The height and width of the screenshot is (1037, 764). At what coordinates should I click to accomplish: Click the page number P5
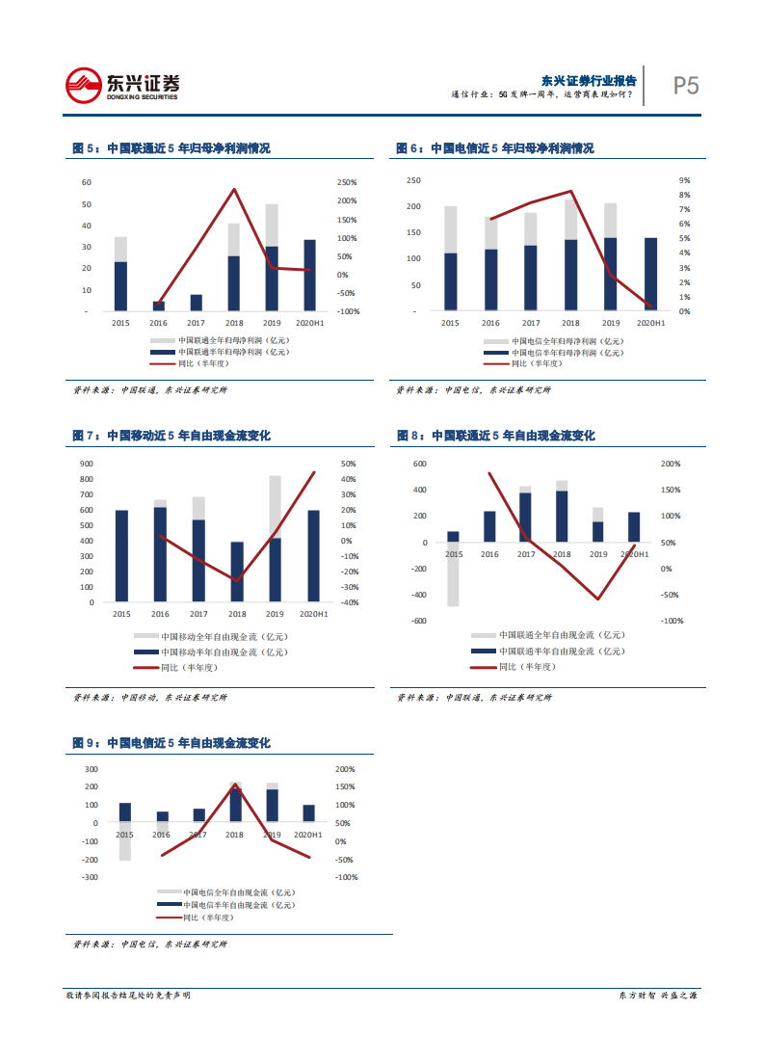click(685, 86)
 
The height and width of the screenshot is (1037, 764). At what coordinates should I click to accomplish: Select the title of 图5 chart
click(171, 148)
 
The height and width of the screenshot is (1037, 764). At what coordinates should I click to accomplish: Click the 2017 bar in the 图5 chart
click(196, 303)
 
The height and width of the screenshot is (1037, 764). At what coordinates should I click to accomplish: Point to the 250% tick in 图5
click(347, 182)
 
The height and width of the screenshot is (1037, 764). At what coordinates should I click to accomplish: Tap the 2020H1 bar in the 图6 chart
click(650, 274)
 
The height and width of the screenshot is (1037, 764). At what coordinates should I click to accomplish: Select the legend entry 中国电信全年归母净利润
click(553, 341)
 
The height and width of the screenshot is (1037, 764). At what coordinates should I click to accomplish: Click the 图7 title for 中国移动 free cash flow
click(171, 436)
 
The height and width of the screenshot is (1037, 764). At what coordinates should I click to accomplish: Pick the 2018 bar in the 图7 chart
click(237, 572)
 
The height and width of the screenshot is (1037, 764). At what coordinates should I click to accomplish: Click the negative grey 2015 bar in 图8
click(453, 574)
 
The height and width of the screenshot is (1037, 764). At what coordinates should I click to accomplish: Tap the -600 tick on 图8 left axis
click(419, 621)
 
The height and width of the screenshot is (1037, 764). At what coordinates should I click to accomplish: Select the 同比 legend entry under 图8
click(525, 667)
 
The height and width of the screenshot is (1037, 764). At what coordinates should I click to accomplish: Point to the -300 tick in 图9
click(89, 877)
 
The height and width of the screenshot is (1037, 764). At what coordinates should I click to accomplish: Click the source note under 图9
click(150, 944)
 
